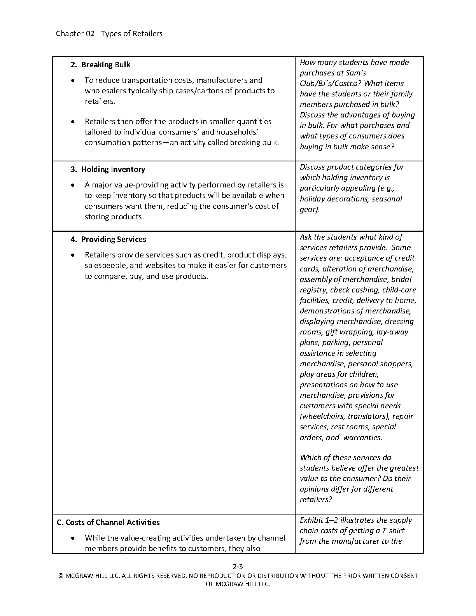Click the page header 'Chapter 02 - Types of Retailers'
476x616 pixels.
pos(109,34)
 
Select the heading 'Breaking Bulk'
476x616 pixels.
pos(106,65)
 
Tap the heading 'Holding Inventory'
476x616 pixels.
pos(113,170)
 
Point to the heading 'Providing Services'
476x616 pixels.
pos(114,240)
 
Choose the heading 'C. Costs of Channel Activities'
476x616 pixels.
pos(108,523)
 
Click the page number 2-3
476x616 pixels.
pos(238,566)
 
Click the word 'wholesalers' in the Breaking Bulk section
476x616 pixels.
pos(105,91)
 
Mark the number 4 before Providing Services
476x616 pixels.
pos(73,240)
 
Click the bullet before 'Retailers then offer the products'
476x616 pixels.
pos(73,122)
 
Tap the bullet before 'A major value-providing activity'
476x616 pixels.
pos(73,185)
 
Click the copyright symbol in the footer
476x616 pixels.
pos(61,576)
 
